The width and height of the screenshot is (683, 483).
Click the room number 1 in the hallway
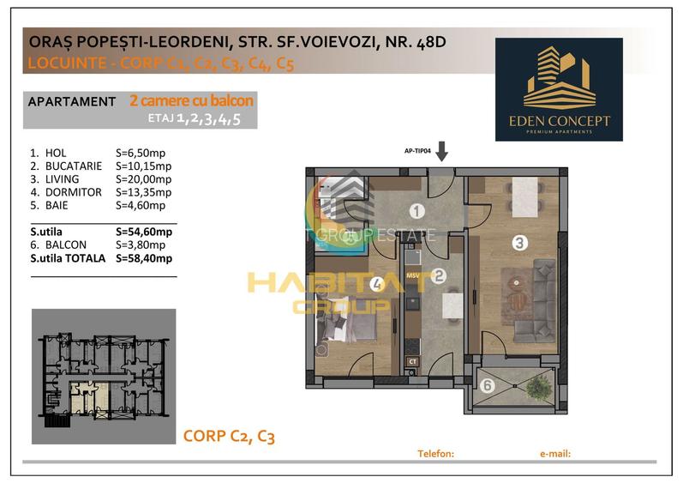(x=416, y=211)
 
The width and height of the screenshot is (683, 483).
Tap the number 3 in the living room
(x=518, y=243)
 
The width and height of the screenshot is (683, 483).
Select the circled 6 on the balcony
(x=487, y=385)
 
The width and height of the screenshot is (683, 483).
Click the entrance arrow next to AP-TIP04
(x=441, y=153)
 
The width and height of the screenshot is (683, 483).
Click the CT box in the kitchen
(x=412, y=361)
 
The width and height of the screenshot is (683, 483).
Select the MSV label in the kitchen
(x=412, y=276)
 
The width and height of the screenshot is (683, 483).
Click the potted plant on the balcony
(x=538, y=388)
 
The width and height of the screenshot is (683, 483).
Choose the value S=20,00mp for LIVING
(x=143, y=179)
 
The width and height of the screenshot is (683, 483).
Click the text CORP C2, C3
(x=228, y=437)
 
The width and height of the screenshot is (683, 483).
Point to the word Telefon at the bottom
(x=434, y=454)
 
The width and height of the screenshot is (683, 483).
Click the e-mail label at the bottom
(x=554, y=454)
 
